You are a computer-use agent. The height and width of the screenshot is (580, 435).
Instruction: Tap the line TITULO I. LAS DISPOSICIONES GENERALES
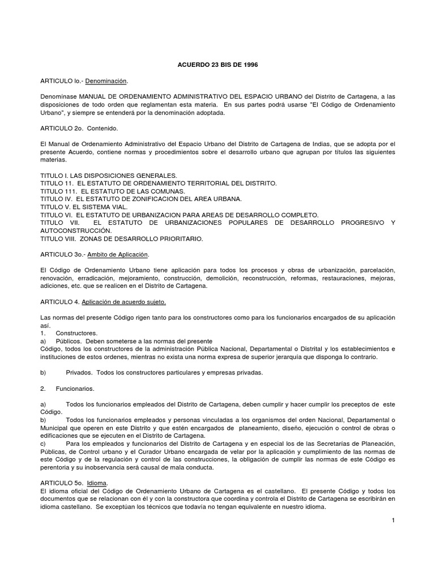click(x=109, y=176)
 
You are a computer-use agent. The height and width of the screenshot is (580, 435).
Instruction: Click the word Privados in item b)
click(x=79, y=373)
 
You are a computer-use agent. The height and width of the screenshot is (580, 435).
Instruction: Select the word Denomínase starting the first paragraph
click(x=58, y=97)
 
